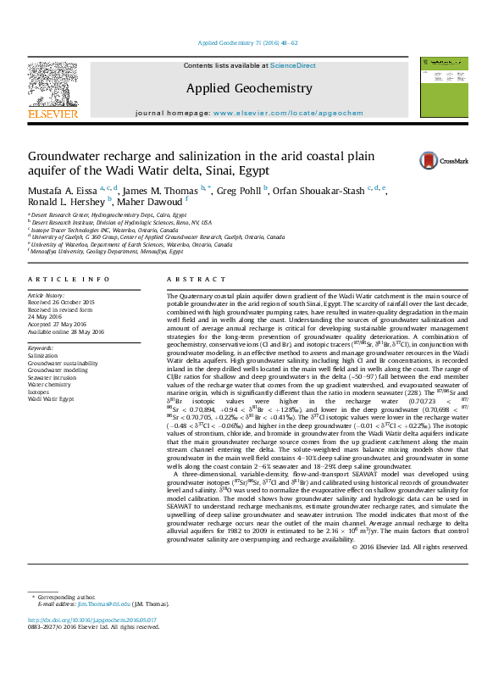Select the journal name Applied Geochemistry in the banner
(x=249, y=88)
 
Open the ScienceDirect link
(x=292, y=65)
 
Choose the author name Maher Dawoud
(x=152, y=202)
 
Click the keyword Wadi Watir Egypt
(x=52, y=398)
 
